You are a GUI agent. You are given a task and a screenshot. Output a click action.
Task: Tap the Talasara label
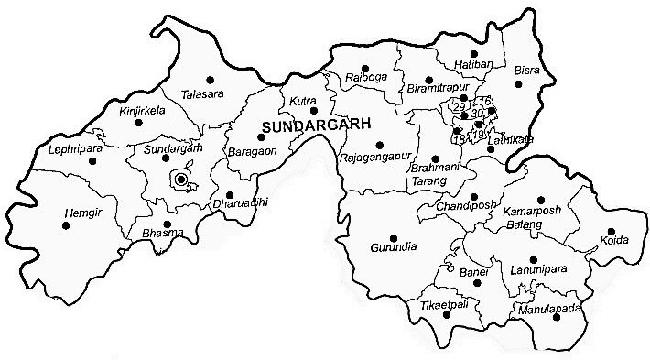pyautogui.click(x=201, y=93)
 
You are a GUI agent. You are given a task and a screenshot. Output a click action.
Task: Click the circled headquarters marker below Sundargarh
pyautogui.click(x=181, y=180)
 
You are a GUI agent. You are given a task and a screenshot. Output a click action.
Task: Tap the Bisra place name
pyautogui.click(x=525, y=71)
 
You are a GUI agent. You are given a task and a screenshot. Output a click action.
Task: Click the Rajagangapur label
pyautogui.click(x=372, y=158)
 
